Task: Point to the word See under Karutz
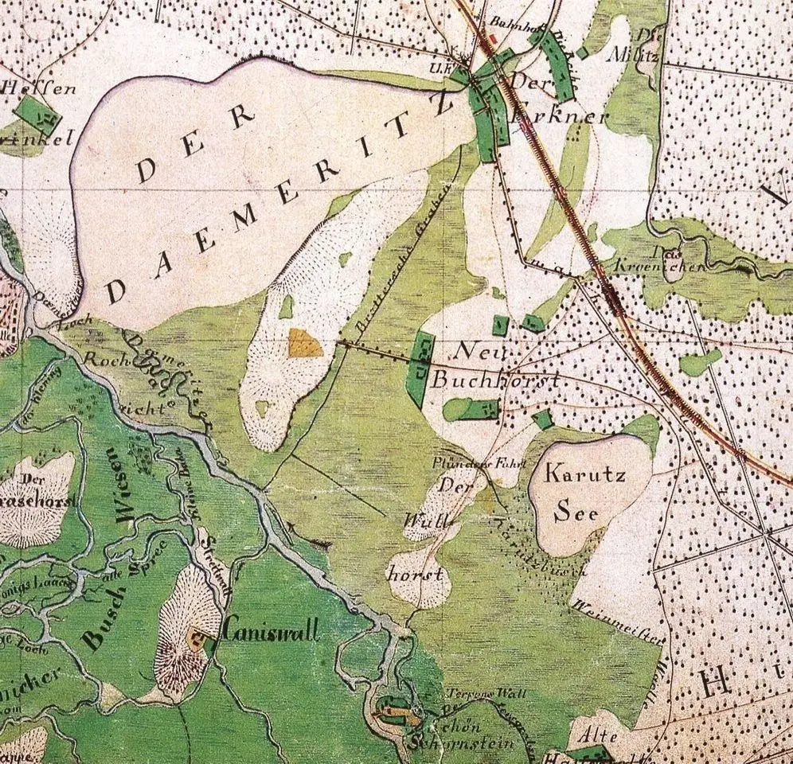pos(576,512)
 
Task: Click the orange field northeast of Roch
pos(305,343)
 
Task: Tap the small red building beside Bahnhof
pos(493,37)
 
